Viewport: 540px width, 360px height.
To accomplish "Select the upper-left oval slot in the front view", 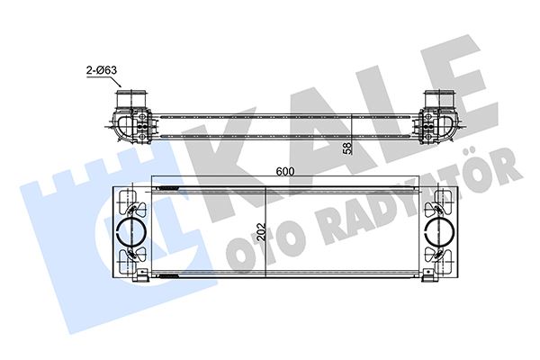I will (126, 200).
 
